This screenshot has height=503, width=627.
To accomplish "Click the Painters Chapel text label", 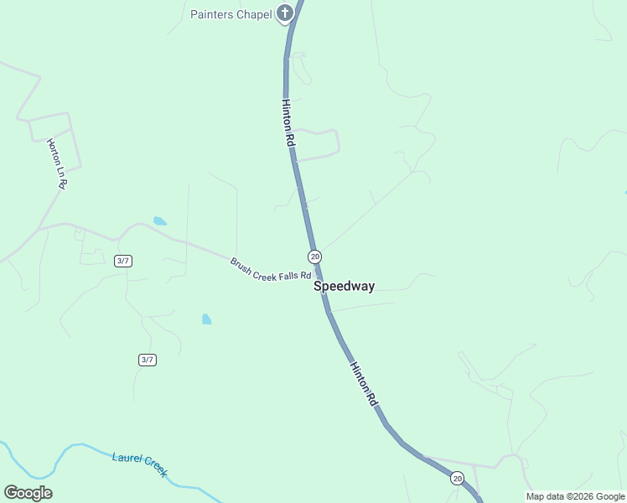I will click(231, 14).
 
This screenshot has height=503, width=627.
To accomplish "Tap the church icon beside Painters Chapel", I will click(285, 13).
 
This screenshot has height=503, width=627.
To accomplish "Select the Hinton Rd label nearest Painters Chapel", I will click(288, 124).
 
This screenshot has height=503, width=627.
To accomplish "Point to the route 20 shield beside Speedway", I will click(314, 256).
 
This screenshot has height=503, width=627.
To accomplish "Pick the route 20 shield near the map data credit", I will click(456, 478).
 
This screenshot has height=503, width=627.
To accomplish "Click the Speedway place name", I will click(344, 286).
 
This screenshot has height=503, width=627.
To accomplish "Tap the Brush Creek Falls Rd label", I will click(271, 269).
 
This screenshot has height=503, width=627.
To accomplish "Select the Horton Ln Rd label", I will click(56, 163).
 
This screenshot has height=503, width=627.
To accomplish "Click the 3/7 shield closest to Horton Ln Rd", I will click(123, 261).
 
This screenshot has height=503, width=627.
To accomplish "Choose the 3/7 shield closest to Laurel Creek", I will click(148, 360).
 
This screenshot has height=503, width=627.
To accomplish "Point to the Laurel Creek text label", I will click(140, 464).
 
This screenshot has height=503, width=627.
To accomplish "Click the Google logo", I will click(28, 493).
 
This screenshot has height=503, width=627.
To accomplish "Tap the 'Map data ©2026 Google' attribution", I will click(575, 496).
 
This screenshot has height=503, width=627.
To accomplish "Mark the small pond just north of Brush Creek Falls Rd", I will click(159, 221).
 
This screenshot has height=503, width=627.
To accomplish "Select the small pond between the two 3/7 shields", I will click(206, 319).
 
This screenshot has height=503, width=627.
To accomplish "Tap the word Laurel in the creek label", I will click(127, 459).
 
